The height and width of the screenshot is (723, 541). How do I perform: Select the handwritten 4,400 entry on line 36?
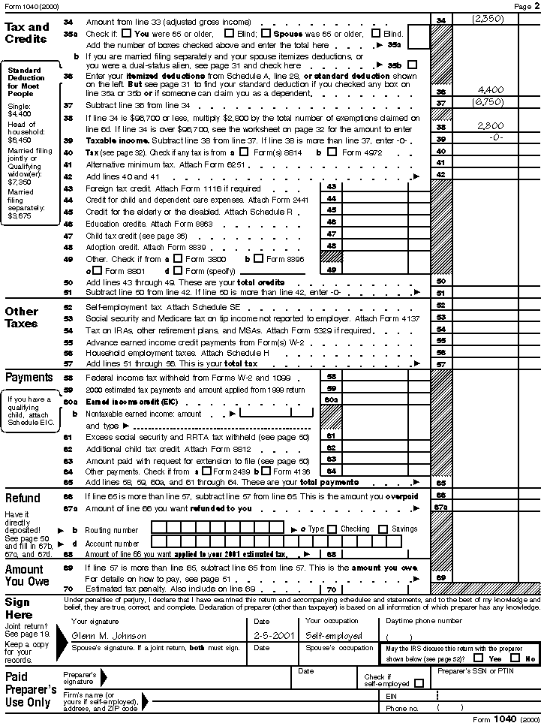click(490, 90)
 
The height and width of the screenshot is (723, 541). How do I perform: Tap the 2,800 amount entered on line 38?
click(490, 126)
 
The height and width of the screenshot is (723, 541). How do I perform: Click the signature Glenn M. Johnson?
click(108, 635)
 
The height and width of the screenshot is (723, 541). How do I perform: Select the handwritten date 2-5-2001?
click(272, 635)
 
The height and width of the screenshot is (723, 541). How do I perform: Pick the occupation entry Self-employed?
click(334, 635)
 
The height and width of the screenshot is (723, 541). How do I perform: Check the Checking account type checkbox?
click(332, 529)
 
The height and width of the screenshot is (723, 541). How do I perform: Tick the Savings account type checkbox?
click(383, 529)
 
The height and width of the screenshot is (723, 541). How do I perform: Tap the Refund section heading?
click(23, 499)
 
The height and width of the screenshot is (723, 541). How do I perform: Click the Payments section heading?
click(29, 378)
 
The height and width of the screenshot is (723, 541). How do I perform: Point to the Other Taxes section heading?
click(22, 318)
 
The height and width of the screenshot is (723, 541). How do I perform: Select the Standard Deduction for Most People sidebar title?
click(26, 83)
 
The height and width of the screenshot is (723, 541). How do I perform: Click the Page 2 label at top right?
click(523, 6)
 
